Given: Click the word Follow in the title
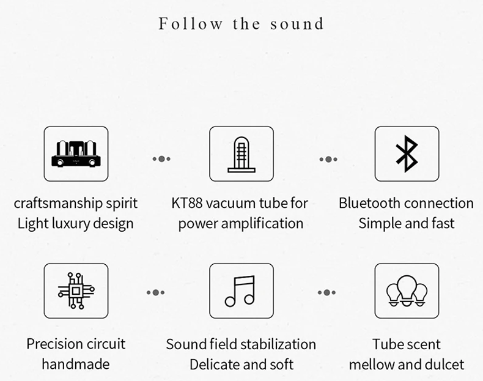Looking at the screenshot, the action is pos(190,24).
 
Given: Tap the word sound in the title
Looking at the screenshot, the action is pos(297,24).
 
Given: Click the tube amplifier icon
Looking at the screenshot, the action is pos(76,154).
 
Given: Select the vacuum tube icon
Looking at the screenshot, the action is pos(242,154).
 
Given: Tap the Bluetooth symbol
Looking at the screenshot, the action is pos(407,154).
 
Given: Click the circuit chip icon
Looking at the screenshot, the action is pos(76,290).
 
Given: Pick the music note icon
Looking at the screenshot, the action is pos(240,290).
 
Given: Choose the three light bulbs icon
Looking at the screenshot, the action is pos(407,290).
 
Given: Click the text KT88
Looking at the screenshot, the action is pos(187,203).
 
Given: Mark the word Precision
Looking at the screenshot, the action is pos(53,344).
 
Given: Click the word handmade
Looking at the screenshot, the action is pos(76,364).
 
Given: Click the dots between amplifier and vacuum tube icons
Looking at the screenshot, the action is pos(161,159).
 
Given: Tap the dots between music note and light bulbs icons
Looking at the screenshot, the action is pos(326,292).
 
